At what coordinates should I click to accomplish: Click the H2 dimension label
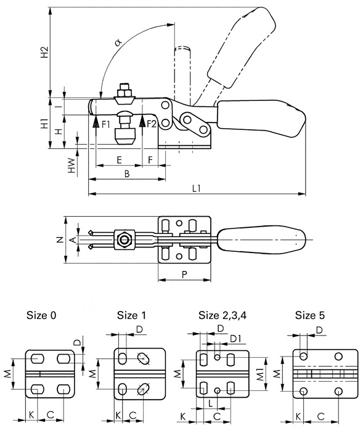coord(44,52)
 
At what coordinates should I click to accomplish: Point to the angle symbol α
coord(118,42)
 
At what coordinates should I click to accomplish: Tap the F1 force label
coord(105,124)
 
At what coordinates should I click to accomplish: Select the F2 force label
coord(152,124)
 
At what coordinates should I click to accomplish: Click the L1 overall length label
coord(197,188)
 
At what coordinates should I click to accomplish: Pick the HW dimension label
coord(71,165)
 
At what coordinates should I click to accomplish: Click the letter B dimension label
coord(127,174)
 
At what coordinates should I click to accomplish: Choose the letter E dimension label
coord(119,160)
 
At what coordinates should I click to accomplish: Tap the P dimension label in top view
coord(185,274)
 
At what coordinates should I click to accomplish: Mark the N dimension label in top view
coord(60,240)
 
